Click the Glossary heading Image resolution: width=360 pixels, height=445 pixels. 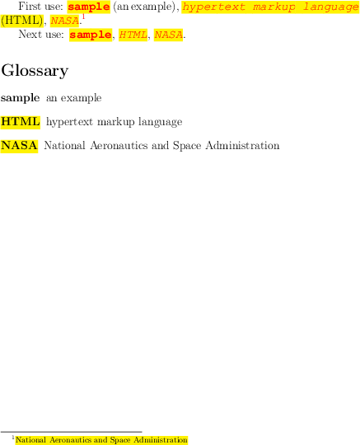tap(35, 71)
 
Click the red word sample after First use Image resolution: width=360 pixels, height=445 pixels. tap(88, 7)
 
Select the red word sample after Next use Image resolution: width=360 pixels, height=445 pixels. tap(91, 35)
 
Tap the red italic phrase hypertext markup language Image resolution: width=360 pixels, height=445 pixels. tap(270, 7)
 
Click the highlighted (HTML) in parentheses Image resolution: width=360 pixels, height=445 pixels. tap(22, 21)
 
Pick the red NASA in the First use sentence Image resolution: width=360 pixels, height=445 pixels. tap(65, 21)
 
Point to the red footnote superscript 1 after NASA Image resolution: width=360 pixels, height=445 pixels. tap(83, 16)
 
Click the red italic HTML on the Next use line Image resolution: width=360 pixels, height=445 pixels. tap(133, 35)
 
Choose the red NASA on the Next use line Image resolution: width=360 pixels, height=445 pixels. tap(169, 35)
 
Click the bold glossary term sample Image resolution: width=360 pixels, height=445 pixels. tap(20, 98)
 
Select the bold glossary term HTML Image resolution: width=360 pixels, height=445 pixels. tap(21, 122)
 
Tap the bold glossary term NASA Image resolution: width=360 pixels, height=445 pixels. tap(19, 146)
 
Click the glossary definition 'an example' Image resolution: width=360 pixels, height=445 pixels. tap(74, 98)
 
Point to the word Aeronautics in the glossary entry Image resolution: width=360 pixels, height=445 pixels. tap(119, 146)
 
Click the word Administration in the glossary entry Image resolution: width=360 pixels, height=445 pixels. tap(242, 146)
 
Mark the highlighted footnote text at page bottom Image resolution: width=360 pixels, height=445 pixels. tap(101, 440)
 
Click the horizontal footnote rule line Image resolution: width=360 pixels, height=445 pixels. tap(71, 432)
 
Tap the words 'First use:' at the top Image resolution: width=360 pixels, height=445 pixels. tap(40, 7)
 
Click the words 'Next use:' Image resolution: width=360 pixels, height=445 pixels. tap(41, 35)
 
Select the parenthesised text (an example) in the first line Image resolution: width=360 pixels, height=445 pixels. tap(144, 7)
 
